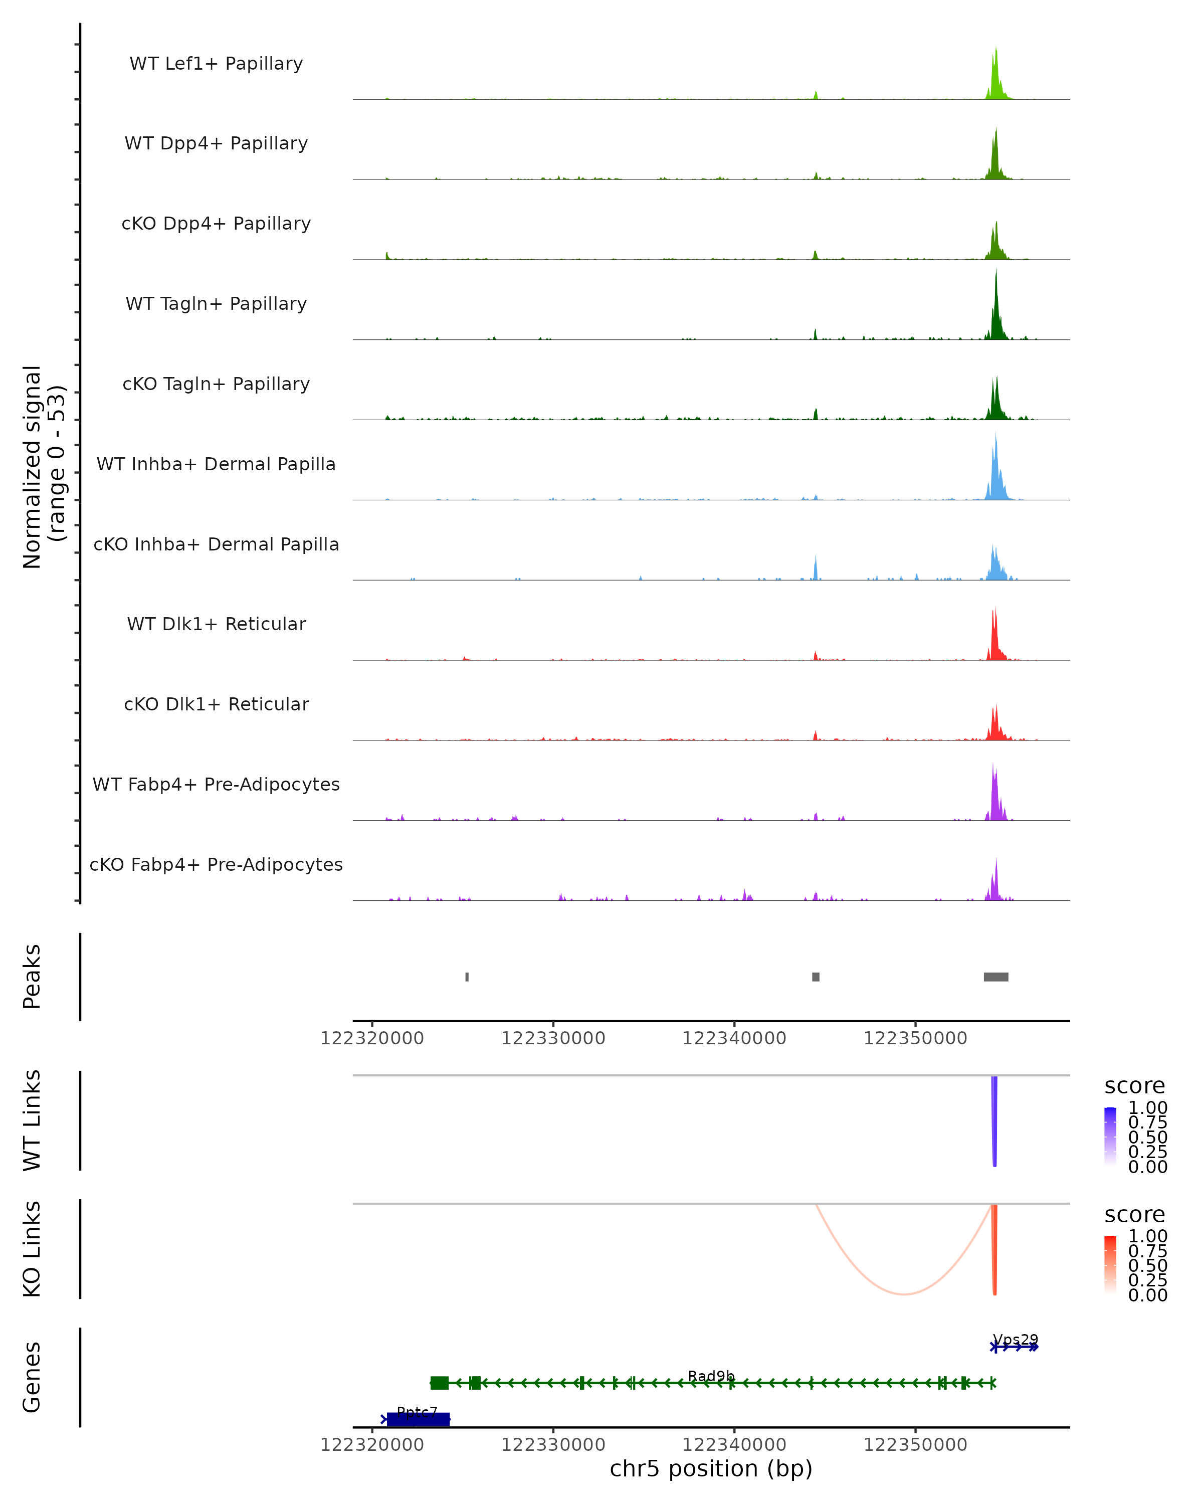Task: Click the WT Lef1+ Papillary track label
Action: click(216, 64)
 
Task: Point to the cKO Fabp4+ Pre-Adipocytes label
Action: click(216, 864)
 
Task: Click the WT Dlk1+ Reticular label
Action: click(216, 624)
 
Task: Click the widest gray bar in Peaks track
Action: click(996, 977)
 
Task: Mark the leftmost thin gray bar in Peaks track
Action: click(467, 977)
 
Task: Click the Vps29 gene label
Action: click(1016, 1340)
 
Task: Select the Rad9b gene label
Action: click(711, 1376)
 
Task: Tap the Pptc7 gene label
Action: click(417, 1412)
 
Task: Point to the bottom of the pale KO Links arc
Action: click(904, 1294)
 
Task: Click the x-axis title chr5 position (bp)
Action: click(711, 1468)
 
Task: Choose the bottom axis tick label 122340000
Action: click(734, 1444)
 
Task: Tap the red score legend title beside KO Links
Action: click(1135, 1215)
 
